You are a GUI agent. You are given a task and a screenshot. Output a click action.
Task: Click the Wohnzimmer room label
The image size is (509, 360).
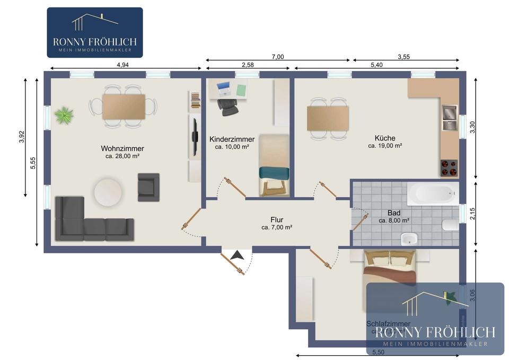122,148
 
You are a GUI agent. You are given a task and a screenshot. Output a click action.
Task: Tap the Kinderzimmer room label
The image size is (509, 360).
232,139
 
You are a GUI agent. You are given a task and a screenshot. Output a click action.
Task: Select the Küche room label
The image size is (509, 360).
384,138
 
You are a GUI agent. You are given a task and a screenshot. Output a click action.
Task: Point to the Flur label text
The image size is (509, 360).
276,219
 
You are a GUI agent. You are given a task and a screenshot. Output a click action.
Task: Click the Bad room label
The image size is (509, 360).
393,213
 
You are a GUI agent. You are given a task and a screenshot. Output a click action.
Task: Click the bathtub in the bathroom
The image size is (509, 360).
432,195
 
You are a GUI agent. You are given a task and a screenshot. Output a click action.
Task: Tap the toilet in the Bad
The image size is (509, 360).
449,225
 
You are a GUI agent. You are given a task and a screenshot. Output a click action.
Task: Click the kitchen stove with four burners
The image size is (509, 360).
450,168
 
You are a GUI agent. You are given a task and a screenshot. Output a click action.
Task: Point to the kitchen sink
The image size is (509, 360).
449,118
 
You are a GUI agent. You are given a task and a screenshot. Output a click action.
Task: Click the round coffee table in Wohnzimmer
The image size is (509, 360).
108,191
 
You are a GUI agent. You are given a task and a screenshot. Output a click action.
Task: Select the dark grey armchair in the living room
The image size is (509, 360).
148,187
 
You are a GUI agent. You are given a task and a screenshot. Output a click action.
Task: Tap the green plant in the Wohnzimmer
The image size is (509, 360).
64,115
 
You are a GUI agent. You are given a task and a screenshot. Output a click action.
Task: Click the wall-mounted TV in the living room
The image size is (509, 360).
195,137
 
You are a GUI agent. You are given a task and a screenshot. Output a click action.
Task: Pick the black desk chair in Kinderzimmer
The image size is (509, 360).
227,106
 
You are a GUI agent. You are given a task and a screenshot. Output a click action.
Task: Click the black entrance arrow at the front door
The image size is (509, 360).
238,255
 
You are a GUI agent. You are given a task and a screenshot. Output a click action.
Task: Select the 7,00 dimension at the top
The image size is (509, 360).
277,57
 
